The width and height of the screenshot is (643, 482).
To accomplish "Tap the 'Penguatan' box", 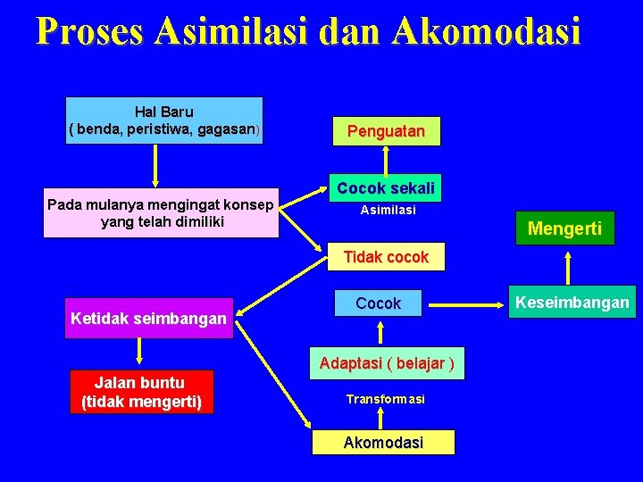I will [x=386, y=131].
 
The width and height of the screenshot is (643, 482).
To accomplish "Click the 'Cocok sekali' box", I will [x=386, y=188].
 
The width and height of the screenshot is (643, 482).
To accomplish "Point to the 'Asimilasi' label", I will [x=388, y=211].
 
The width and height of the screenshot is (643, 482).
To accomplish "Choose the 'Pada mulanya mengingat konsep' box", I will [x=161, y=213].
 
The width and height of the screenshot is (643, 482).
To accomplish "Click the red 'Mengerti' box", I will [x=564, y=229].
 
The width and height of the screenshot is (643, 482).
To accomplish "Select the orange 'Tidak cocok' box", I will [x=386, y=257].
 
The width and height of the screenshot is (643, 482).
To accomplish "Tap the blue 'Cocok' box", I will [x=379, y=303].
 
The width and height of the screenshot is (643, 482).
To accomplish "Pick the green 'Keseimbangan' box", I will [x=571, y=303].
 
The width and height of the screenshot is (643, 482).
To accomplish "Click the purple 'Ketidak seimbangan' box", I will [x=148, y=318].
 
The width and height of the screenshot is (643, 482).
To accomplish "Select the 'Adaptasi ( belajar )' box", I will [x=387, y=363].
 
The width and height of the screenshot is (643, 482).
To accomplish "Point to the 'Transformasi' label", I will [x=386, y=399].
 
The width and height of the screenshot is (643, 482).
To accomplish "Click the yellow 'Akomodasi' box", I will [x=383, y=443].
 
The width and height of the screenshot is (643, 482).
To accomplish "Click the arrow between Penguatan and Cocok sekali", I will [x=386, y=162].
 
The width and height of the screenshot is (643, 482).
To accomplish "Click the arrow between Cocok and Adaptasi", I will [x=381, y=332].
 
